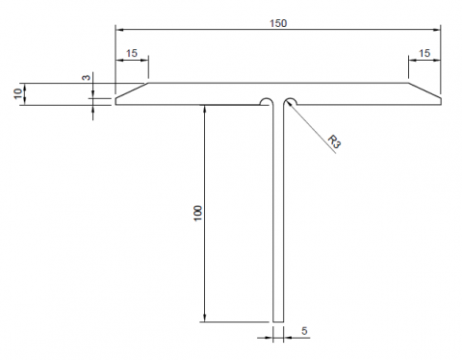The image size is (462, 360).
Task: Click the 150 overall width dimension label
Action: (x=278, y=23)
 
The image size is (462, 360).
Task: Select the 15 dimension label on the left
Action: (x=132, y=53)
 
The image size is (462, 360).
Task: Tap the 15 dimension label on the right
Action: (x=424, y=53)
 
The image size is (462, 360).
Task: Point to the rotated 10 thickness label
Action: (x=18, y=93)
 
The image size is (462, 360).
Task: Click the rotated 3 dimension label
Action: (x=87, y=77)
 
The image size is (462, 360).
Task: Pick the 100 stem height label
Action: (x=198, y=213)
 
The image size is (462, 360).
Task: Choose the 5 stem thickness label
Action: (x=304, y=330)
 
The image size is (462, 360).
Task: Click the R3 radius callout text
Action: (x=334, y=141)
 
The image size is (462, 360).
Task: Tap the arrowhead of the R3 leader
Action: (x=289, y=103)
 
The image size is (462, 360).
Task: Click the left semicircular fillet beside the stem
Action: (x=265, y=98)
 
